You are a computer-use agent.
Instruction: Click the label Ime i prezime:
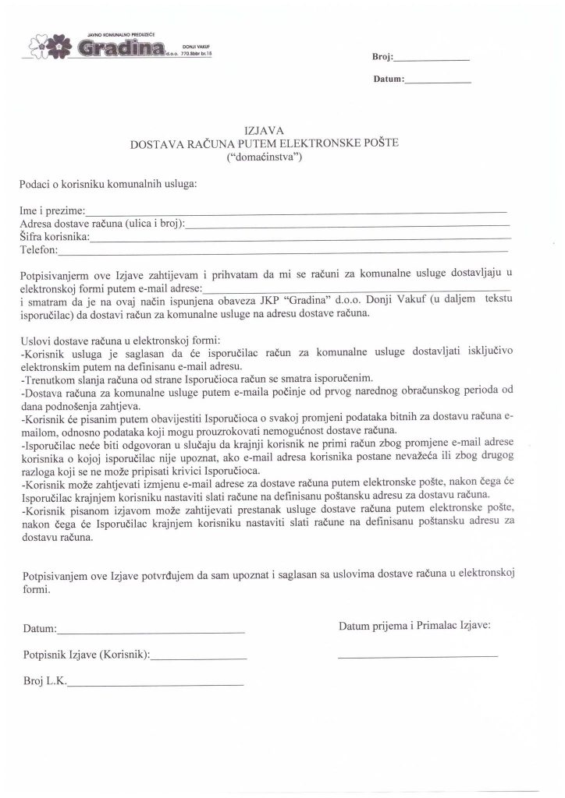pyautogui.click(x=53, y=211)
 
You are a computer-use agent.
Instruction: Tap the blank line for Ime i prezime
pyautogui.click(x=297, y=213)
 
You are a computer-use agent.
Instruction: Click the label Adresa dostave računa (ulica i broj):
pyautogui.click(x=102, y=224)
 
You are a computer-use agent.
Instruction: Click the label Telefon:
pyautogui.click(x=38, y=250)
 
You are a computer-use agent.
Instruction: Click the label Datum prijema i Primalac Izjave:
pyautogui.click(x=415, y=625)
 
